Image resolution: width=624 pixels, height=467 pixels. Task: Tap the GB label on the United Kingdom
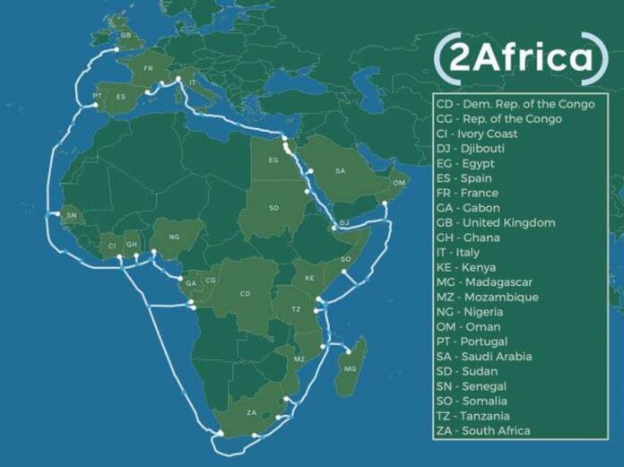tap(126, 37)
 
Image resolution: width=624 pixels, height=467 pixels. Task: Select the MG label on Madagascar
tap(350, 368)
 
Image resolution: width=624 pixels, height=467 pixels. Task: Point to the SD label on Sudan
tap(273, 208)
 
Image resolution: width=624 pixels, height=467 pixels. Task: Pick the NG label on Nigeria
tap(173, 239)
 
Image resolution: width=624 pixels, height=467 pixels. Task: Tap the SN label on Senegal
tap(72, 216)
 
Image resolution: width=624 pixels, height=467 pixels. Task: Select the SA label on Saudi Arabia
tap(341, 170)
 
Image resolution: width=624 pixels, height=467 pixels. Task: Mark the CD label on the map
tap(245, 293)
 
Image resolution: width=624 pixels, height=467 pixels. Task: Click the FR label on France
tap(149, 67)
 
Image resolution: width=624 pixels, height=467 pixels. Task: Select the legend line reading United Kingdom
tap(509, 222)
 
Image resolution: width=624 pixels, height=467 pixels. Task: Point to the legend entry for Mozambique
tap(500, 297)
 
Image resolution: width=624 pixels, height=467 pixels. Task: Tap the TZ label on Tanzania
tap(297, 308)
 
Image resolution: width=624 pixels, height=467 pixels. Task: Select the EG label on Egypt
tap(273, 160)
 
